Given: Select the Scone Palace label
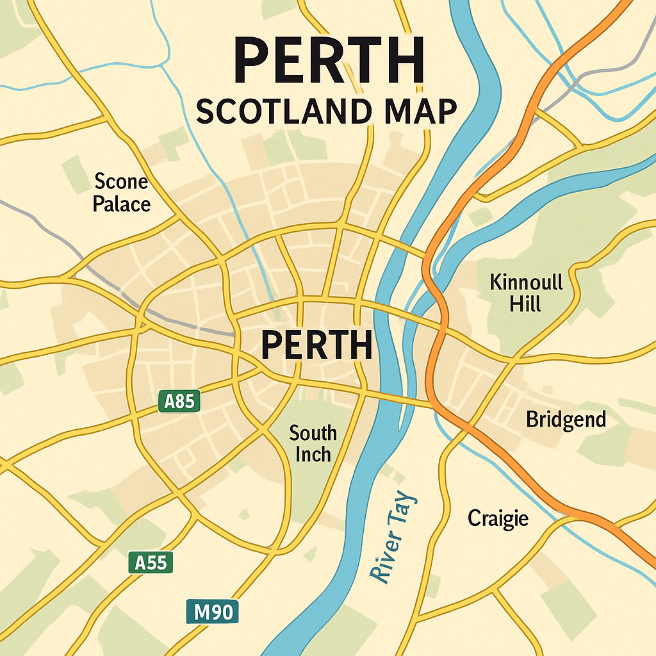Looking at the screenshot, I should (x=121, y=193).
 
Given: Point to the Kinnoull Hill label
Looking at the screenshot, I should (x=525, y=292).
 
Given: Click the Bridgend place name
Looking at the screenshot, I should (x=566, y=420).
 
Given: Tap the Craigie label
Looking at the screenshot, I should (x=498, y=518).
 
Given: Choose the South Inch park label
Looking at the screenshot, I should (x=313, y=443).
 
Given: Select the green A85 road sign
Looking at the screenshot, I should (x=179, y=402).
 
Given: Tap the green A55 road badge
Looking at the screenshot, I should (x=151, y=562).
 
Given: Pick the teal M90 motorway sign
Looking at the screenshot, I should (x=212, y=612).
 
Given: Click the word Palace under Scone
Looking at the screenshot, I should (x=122, y=204).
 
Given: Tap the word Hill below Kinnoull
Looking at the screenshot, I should (x=525, y=304).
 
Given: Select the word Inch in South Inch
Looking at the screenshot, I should (x=313, y=454).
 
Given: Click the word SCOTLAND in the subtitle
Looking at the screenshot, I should (x=283, y=112).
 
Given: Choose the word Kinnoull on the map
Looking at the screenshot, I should (x=525, y=281).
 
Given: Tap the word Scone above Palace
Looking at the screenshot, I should (x=121, y=182).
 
